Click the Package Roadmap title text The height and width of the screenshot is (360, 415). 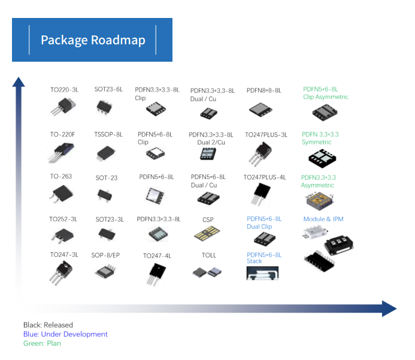(x=93, y=40)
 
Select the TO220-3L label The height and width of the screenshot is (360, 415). (x=64, y=90)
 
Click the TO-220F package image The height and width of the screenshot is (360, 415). (x=60, y=152)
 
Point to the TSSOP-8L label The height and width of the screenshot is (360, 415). (x=108, y=135)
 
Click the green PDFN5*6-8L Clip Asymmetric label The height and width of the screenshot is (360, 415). (x=325, y=93)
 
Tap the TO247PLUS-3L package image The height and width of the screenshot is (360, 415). (x=260, y=153)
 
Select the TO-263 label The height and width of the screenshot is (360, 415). (x=61, y=177)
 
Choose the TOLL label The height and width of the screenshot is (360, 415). (x=209, y=255)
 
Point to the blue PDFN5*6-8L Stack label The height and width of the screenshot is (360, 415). (x=263, y=258)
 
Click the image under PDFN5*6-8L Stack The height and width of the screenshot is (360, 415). (x=262, y=273)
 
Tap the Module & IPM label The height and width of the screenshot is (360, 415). (x=323, y=219)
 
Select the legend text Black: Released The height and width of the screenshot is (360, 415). (x=48, y=325)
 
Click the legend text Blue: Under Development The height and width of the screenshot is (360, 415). (x=65, y=334)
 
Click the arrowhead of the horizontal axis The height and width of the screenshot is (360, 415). (x=389, y=309)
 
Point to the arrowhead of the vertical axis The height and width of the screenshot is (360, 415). (x=19, y=82)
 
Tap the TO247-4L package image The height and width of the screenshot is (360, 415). (x=157, y=274)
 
